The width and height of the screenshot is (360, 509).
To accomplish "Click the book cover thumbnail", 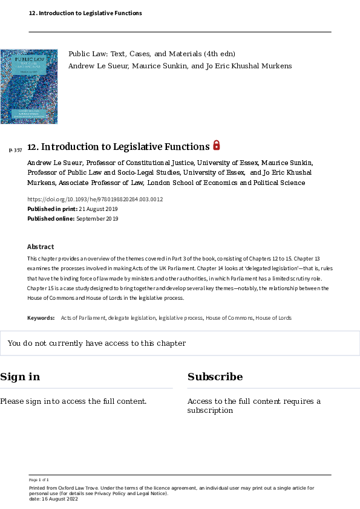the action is pyautogui.click(x=29, y=86).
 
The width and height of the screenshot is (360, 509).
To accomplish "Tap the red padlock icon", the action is pyautogui.click(x=217, y=145).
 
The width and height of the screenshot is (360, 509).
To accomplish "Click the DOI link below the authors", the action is pyautogui.click(x=95, y=199).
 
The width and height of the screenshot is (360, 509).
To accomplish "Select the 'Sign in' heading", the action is pyautogui.click(x=20, y=377).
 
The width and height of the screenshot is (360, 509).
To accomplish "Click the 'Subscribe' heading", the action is pyautogui.click(x=215, y=377).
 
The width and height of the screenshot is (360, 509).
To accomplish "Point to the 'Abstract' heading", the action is pyautogui.click(x=41, y=247).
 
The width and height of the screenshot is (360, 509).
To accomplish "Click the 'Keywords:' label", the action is pyautogui.click(x=41, y=317).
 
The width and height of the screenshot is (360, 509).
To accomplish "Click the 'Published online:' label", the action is pyautogui.click(x=51, y=219).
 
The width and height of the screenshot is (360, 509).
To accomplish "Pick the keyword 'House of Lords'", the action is pyautogui.click(x=273, y=317).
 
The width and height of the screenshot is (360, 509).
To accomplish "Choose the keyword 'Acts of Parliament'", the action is pyautogui.click(x=83, y=317).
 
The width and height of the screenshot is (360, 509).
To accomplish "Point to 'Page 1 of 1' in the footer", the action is pyautogui.click(x=39, y=479).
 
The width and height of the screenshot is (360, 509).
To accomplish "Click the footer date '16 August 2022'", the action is pyautogui.click(x=57, y=498).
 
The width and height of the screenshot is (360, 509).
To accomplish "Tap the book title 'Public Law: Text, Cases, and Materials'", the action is pyautogui.click(x=152, y=54).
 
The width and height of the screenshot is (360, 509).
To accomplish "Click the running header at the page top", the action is pyautogui.click(x=85, y=13).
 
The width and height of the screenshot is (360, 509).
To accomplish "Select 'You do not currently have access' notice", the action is pyautogui.click(x=97, y=343).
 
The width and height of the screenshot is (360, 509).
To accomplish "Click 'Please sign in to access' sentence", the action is pyautogui.click(x=73, y=401).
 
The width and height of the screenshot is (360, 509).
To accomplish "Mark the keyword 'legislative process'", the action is pyautogui.click(x=180, y=317).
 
